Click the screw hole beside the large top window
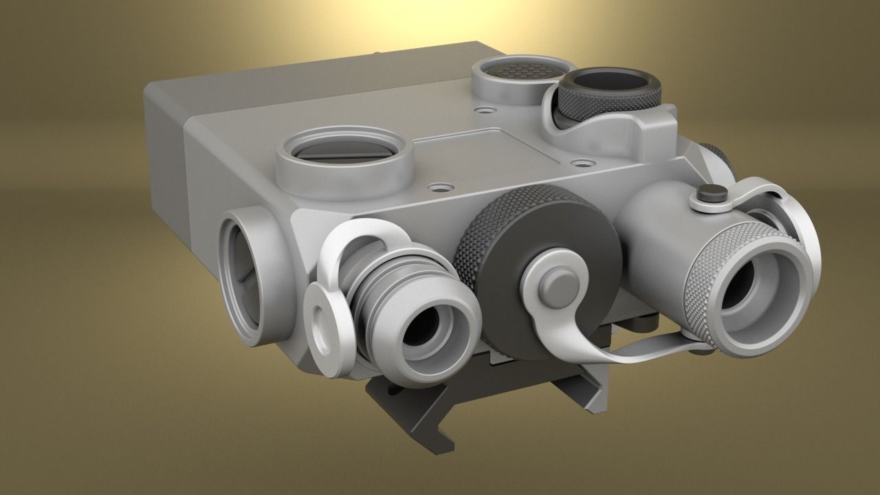[439, 186]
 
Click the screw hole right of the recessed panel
[583, 164]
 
